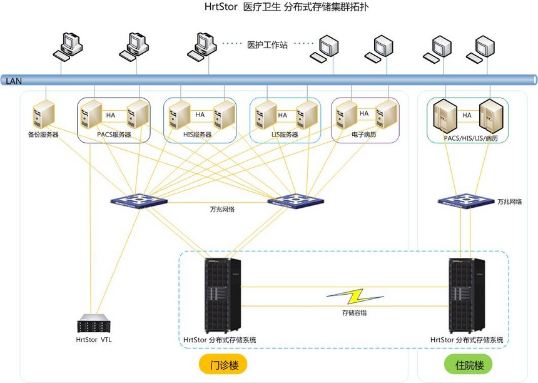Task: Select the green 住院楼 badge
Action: [x=467, y=364]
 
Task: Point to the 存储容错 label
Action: [x=355, y=312]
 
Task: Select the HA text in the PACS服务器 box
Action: [x=111, y=115]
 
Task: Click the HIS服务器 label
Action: [x=199, y=135]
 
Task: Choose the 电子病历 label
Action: [x=364, y=135]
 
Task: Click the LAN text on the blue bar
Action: [x=13, y=81]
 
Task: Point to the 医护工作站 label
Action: [x=267, y=44]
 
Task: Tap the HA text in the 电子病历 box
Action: [x=364, y=115]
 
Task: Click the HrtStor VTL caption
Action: [x=94, y=340]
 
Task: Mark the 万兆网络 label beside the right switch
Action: [x=510, y=202]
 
